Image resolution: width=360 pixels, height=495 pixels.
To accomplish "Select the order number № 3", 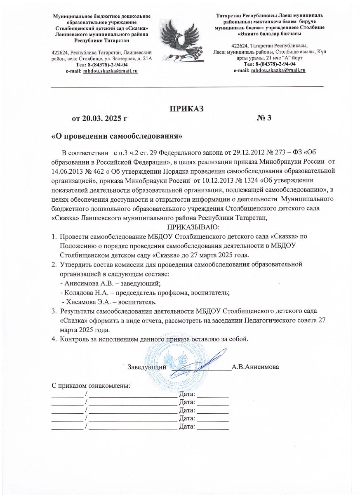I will [x=264, y=119].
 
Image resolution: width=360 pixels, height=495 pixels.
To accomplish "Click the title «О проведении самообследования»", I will [x=116, y=136].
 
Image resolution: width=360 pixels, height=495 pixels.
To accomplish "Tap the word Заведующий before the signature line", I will [x=147, y=367].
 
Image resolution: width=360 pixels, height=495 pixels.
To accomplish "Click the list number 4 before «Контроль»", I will [x=53, y=339].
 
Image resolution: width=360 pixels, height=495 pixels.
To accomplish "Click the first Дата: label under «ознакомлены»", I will [x=187, y=394].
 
